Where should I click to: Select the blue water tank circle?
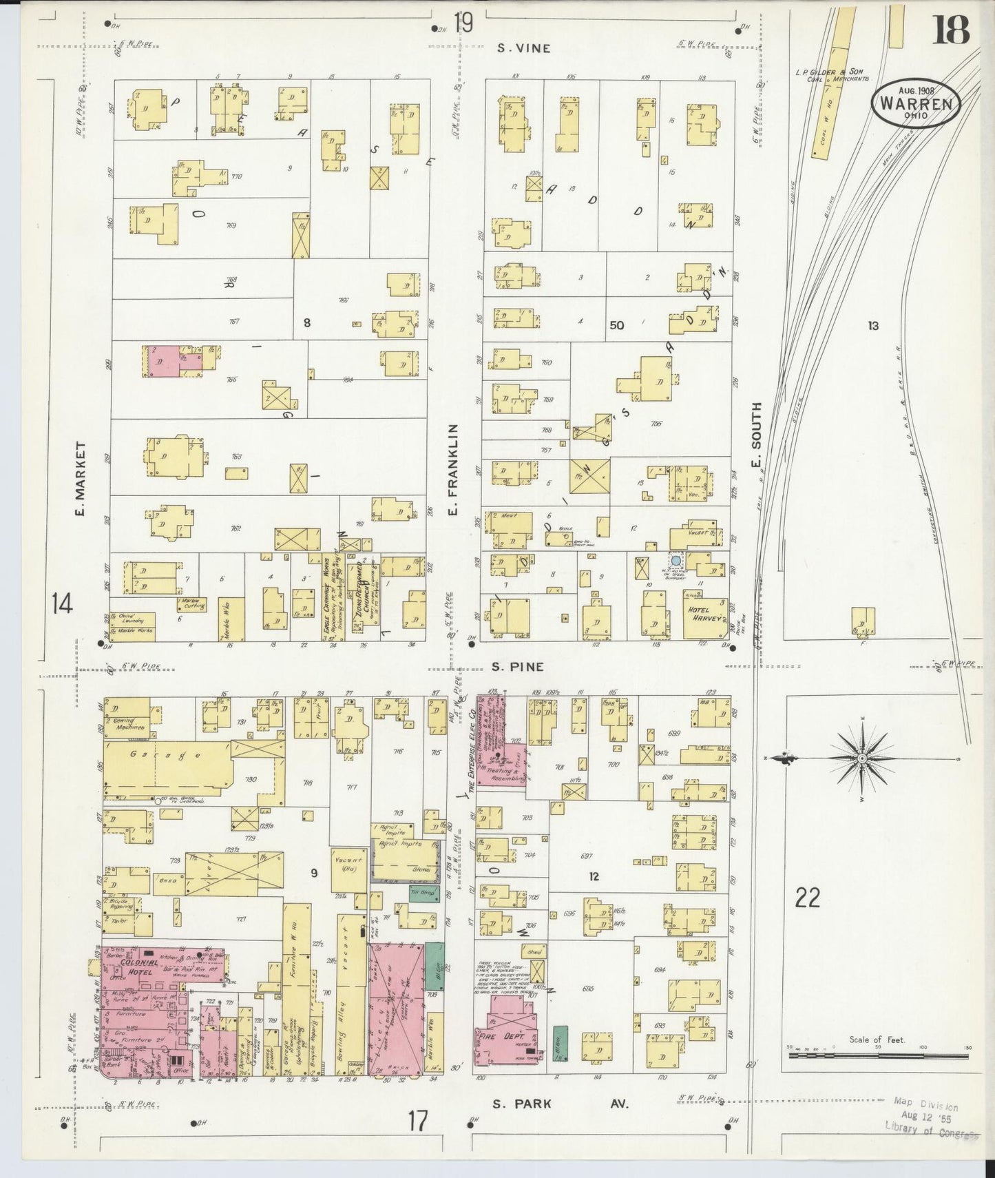click(x=676, y=561)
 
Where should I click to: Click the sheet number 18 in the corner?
click(x=950, y=30)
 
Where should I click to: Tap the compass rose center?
click(x=861, y=758)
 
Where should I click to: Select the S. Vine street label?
click(x=524, y=48)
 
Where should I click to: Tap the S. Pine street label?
click(x=519, y=667)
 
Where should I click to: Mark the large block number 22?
click(x=806, y=898)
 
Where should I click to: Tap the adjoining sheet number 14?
click(x=61, y=606)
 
